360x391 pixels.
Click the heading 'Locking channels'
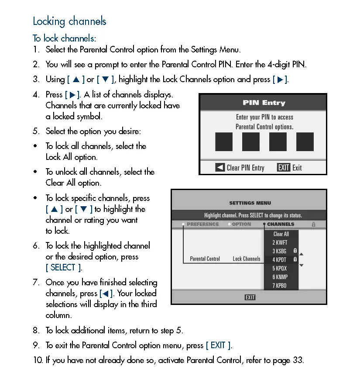69,21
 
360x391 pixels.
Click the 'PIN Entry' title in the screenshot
264,103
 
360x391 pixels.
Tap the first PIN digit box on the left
224,142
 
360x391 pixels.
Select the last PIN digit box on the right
305,142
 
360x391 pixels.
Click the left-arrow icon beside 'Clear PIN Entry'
220,167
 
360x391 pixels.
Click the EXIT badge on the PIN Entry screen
284,167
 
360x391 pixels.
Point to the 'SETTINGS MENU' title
250,203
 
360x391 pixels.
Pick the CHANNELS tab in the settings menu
281,224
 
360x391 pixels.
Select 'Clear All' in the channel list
281,234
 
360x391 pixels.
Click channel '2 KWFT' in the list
280,242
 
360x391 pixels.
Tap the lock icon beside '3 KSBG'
295,251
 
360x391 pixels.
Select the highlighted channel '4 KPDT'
280,260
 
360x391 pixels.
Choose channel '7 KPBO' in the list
280,285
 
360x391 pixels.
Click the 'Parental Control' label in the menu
205,259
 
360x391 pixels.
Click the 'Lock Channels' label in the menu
246,259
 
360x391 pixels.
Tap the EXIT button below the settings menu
250,298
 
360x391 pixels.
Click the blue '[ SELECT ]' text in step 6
64,267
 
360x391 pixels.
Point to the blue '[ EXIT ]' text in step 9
218,345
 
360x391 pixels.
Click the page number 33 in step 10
298,360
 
